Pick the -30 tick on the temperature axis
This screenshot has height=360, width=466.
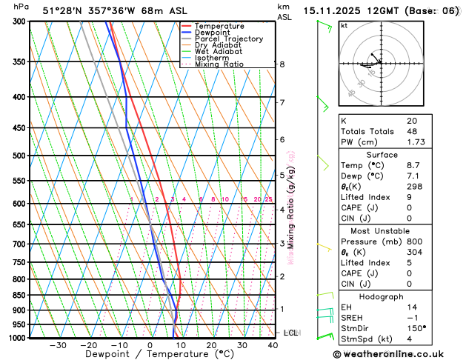[x=58, y=344]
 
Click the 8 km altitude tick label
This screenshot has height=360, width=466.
[x=282, y=64]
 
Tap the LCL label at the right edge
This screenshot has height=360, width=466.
[x=290, y=333]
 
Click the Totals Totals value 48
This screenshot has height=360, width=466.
[x=412, y=131]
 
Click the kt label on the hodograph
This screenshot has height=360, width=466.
[x=344, y=26]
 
